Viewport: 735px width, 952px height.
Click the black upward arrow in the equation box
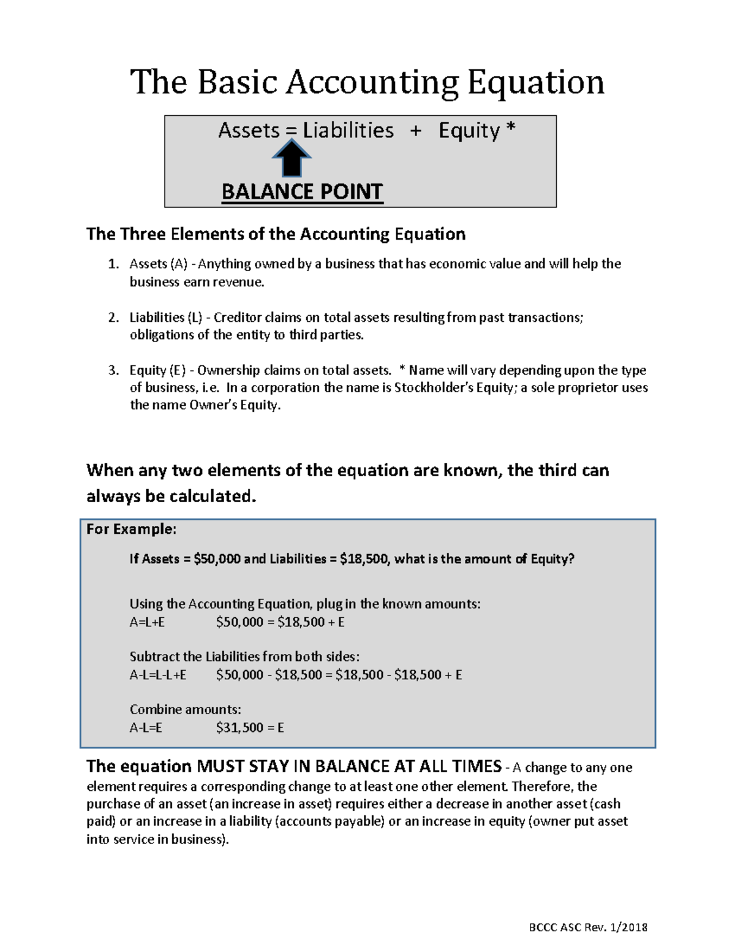(x=292, y=158)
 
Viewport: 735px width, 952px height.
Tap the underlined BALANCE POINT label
(x=302, y=192)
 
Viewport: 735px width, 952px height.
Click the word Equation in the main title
(x=536, y=82)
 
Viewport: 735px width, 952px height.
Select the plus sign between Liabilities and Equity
(x=416, y=131)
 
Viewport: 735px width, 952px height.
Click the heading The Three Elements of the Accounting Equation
(x=276, y=234)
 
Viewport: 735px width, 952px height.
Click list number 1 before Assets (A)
(x=113, y=264)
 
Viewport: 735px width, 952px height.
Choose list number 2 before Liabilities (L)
(x=113, y=318)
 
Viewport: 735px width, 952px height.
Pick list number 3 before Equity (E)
(x=113, y=370)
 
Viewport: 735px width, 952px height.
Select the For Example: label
(x=131, y=529)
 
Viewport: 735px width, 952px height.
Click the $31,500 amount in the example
(x=239, y=728)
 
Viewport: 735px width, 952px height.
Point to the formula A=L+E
(x=147, y=622)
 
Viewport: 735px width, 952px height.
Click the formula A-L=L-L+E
(x=158, y=675)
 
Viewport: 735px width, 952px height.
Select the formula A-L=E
(x=146, y=728)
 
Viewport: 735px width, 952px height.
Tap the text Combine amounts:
(x=185, y=710)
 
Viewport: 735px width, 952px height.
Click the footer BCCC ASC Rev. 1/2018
(x=588, y=927)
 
